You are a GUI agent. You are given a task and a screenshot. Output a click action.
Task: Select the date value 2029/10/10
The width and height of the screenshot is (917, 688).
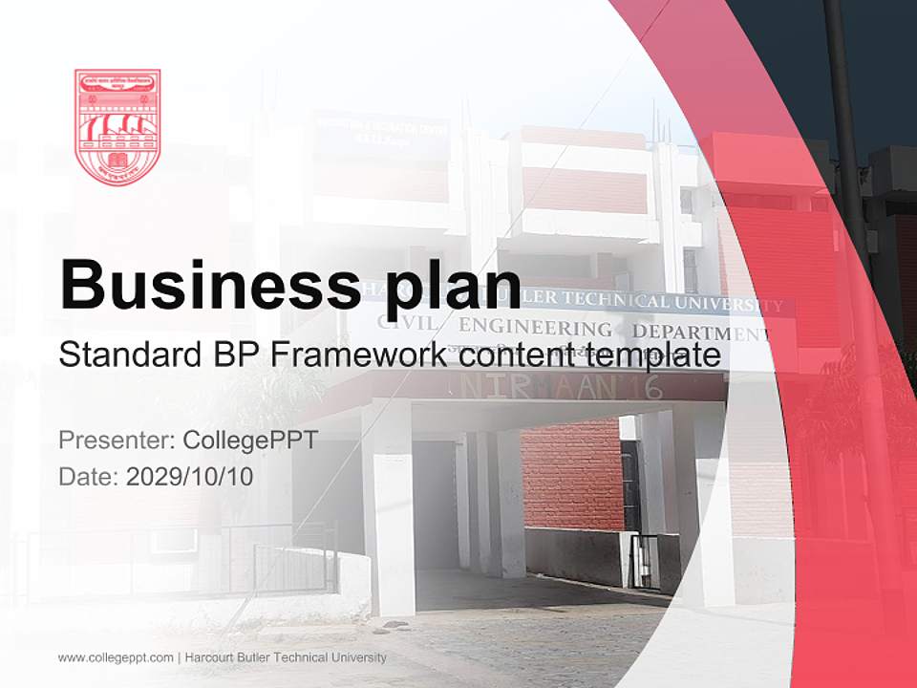190,476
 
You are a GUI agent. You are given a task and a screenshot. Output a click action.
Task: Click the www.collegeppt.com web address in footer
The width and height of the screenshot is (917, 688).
116,657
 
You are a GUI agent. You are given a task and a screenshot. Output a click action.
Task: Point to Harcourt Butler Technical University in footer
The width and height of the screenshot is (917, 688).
287,657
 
